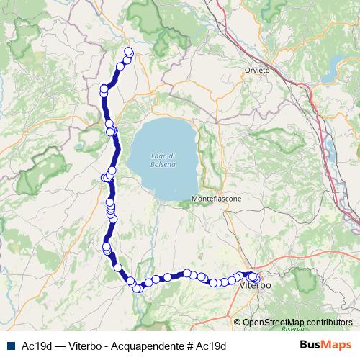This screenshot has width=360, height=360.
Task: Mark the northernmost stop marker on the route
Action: pos(129,51)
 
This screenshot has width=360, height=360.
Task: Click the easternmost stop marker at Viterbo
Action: pos(256,278)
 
